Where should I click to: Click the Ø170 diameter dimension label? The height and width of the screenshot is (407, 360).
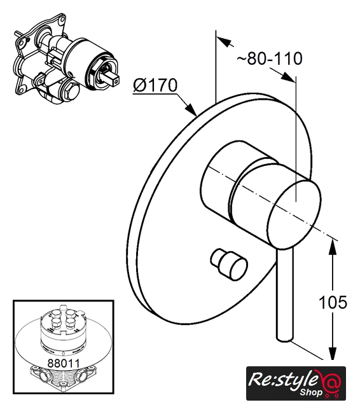pyautogui.click(x=155, y=85)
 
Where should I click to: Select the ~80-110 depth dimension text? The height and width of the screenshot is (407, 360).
pyautogui.click(x=270, y=59)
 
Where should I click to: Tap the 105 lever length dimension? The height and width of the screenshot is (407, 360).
pyautogui.click(x=333, y=302)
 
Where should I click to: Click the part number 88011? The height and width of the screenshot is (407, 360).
pyautogui.click(x=64, y=363)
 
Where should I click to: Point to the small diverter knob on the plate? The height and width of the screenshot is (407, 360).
pyautogui.click(x=229, y=264)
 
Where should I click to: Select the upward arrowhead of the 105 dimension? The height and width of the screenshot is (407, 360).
pyautogui.click(x=333, y=247)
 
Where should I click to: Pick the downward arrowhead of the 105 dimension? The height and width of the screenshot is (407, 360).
pyautogui.click(x=333, y=352)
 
